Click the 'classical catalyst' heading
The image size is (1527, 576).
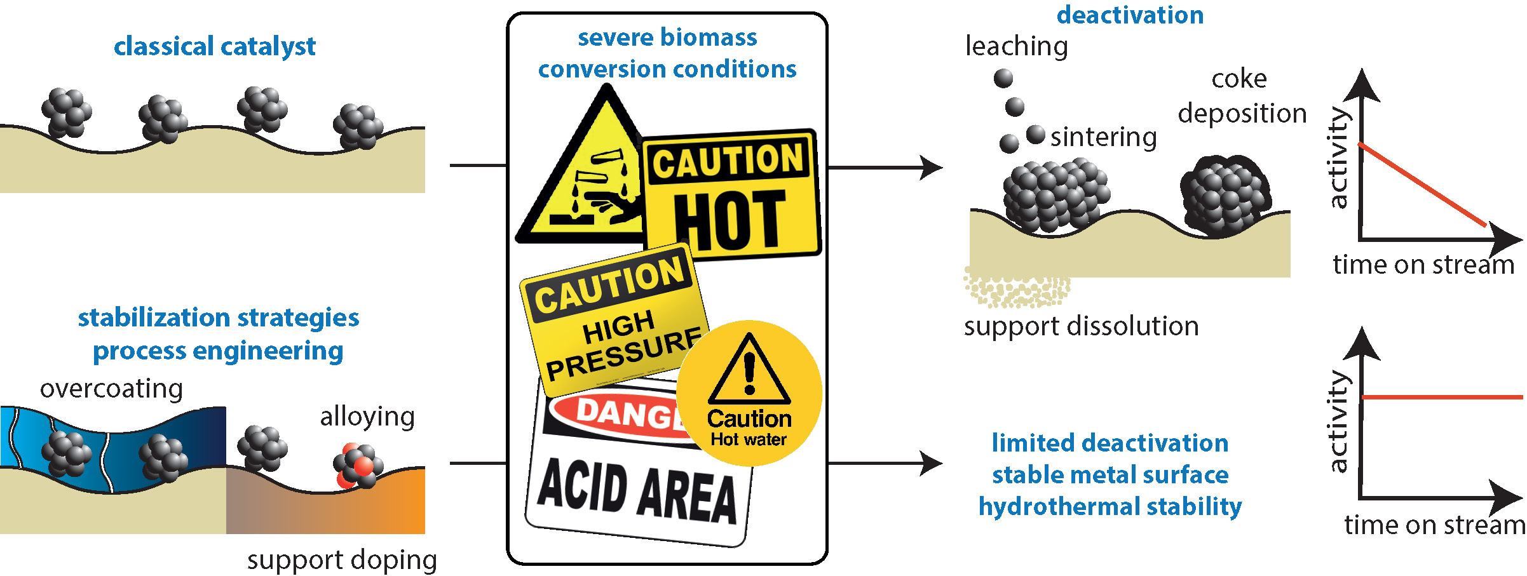pyautogui.click(x=215, y=47)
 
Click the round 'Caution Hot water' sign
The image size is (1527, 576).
pyautogui.click(x=749, y=394)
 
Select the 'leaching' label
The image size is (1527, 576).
pyautogui.click(x=1016, y=46)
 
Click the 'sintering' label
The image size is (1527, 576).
pyautogui.click(x=1103, y=137)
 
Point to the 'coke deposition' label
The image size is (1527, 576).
pyautogui.click(x=1242, y=97)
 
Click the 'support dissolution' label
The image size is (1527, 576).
pyautogui.click(x=1081, y=326)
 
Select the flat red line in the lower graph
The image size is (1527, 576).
pyautogui.click(x=1442, y=397)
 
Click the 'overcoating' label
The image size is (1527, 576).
pyautogui.click(x=111, y=389)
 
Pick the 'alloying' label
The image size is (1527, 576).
pyautogui.click(x=367, y=417)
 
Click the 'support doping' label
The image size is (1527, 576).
pyautogui.click(x=342, y=560)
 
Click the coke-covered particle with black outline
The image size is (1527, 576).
pyautogui.click(x=1225, y=196)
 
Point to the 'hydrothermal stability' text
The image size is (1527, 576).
pyautogui.click(x=1110, y=507)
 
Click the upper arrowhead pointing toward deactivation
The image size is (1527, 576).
pyautogui.click(x=932, y=168)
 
